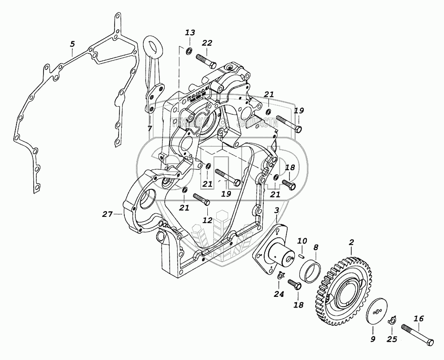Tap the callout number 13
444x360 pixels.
pos(190,33)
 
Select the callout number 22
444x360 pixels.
pos(207,43)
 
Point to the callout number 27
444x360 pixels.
pos(107,214)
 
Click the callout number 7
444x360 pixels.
pos(150,128)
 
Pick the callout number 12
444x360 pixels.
pos(207,220)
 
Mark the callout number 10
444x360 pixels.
pos(302,241)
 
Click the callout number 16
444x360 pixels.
pos(418,319)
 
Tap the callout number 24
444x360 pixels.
pos(278,293)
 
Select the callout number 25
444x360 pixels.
pos(392,340)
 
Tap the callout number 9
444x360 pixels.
pos(373,340)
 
